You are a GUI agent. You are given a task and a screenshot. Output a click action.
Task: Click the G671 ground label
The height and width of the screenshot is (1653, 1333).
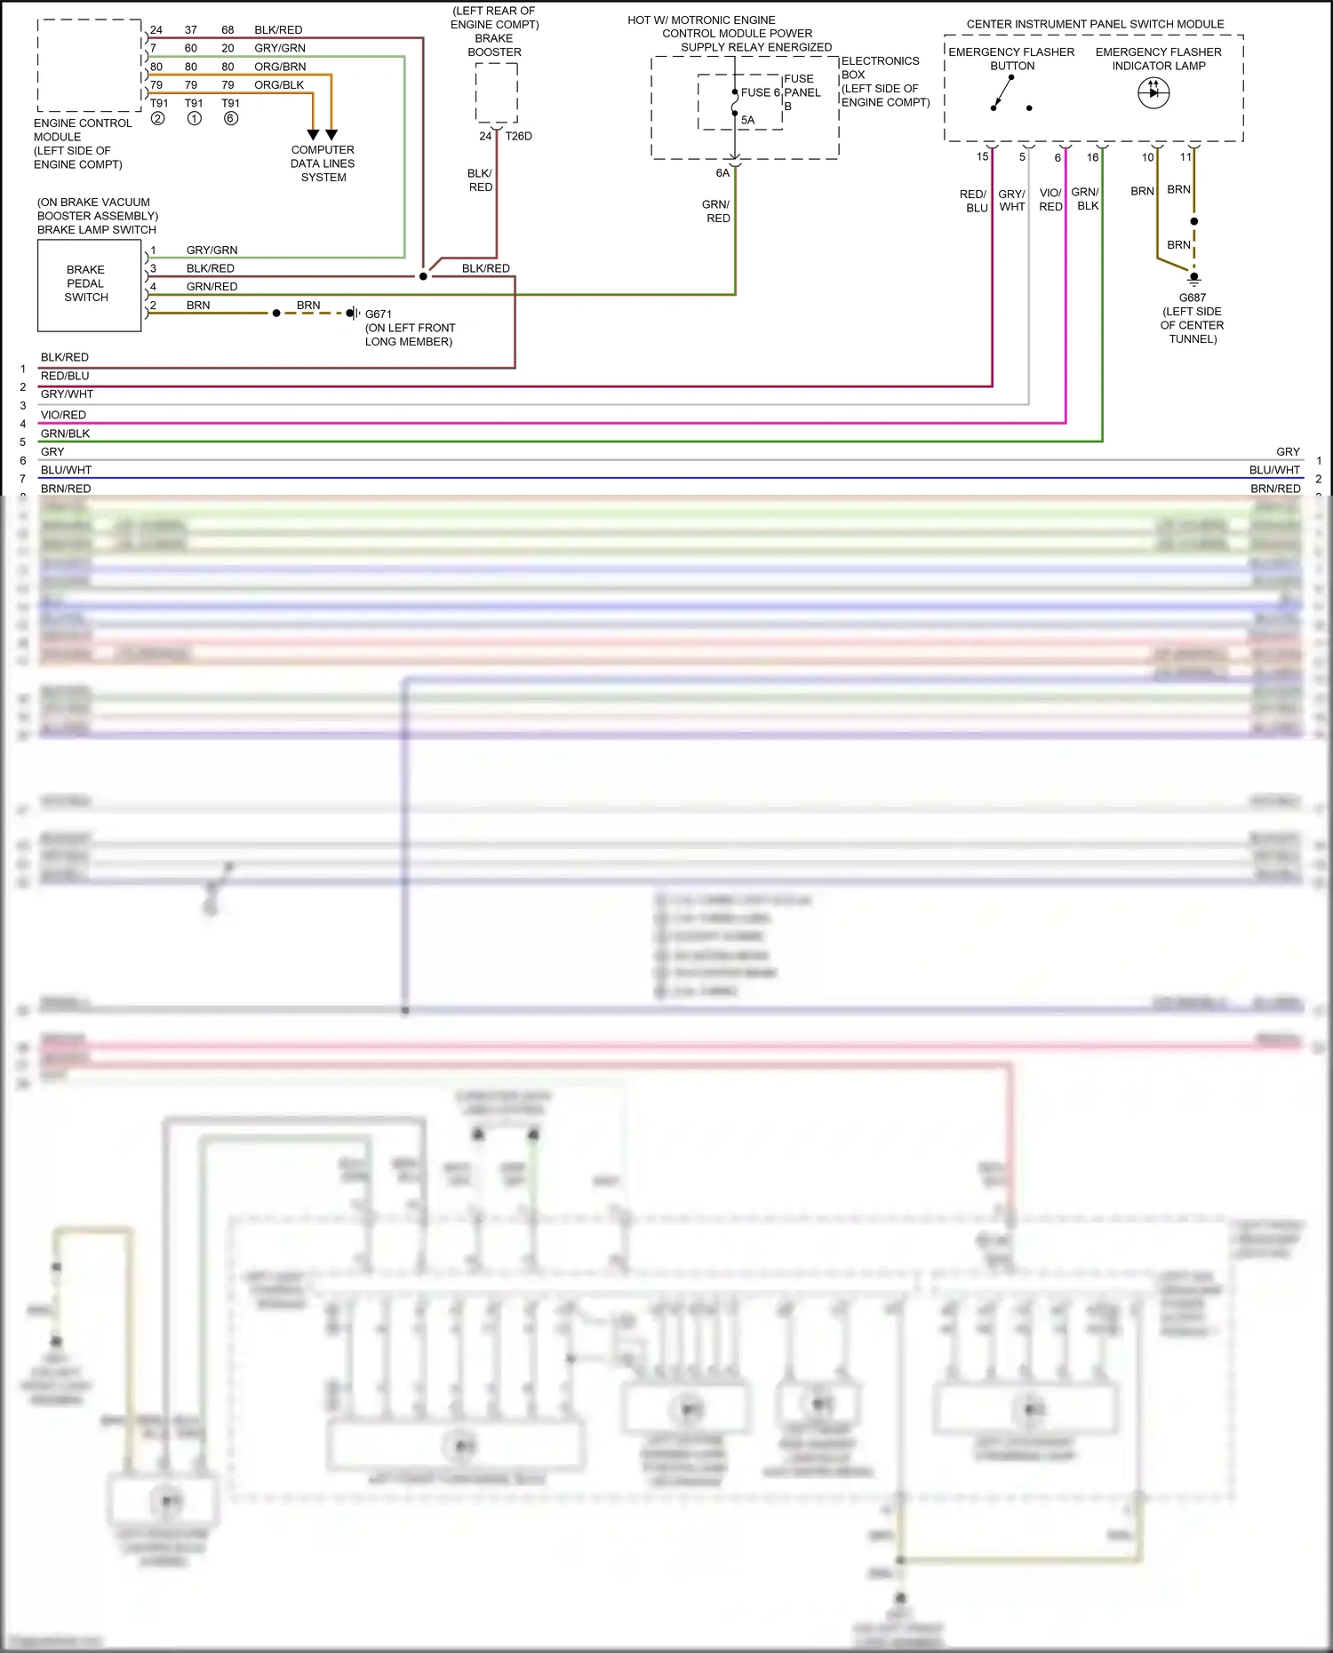378,314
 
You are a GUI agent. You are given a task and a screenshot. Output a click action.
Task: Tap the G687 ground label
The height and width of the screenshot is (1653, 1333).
1192,298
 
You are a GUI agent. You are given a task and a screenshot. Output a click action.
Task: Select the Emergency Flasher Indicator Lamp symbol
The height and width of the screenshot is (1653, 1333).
1153,92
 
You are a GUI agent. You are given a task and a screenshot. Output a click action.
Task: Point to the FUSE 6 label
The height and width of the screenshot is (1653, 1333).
760,92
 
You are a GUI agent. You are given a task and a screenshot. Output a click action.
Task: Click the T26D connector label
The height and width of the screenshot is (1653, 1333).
518,136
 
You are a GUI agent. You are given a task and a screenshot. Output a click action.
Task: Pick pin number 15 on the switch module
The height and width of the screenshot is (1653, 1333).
982,157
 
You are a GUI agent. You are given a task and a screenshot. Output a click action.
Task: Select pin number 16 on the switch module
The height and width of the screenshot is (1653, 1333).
1092,157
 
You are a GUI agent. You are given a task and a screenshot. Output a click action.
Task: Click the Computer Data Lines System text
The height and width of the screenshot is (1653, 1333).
323,163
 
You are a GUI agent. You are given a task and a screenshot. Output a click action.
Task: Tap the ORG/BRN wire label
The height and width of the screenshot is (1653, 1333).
280,67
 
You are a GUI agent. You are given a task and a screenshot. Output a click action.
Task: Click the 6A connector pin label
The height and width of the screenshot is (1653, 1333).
722,173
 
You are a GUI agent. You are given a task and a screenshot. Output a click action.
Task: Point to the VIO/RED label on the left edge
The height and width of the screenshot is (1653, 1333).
63,415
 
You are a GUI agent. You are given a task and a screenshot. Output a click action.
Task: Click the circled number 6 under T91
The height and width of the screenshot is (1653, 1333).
231,118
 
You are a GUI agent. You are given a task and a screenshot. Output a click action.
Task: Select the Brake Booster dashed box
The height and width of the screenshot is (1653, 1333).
496,92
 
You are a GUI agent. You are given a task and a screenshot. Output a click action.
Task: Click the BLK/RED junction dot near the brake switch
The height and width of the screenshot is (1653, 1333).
423,276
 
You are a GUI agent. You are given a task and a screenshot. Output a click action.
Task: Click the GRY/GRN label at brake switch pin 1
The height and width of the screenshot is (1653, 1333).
212,250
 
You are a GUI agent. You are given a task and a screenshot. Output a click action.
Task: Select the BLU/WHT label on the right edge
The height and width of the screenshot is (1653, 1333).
1274,470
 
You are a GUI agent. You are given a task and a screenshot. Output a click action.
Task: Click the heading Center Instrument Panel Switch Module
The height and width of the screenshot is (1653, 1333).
1095,24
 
